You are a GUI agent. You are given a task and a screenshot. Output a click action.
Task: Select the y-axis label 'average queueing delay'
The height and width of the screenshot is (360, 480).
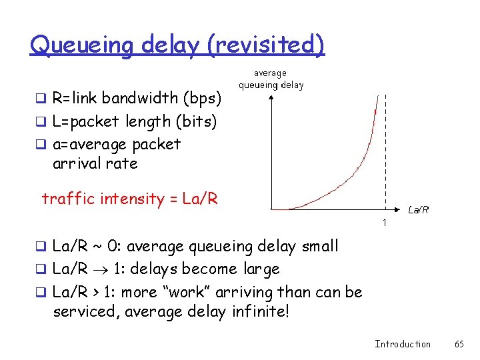(271, 79)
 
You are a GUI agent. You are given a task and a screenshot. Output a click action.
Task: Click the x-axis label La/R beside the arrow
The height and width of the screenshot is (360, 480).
(418, 209)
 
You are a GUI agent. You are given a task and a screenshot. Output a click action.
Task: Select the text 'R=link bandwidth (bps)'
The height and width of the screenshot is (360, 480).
(137, 99)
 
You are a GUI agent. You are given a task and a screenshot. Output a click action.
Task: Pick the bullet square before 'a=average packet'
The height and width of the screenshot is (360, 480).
(45, 145)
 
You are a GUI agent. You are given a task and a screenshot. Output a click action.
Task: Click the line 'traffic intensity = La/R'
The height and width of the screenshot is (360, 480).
(129, 199)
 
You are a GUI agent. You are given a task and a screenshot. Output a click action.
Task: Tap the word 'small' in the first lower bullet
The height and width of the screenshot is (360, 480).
(319, 246)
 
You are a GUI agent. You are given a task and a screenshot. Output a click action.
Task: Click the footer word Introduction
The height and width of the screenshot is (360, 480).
(403, 344)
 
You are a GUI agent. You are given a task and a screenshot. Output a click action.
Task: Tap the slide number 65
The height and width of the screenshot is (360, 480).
(459, 344)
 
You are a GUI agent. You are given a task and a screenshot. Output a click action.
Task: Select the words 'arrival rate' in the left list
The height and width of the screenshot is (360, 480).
(95, 163)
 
